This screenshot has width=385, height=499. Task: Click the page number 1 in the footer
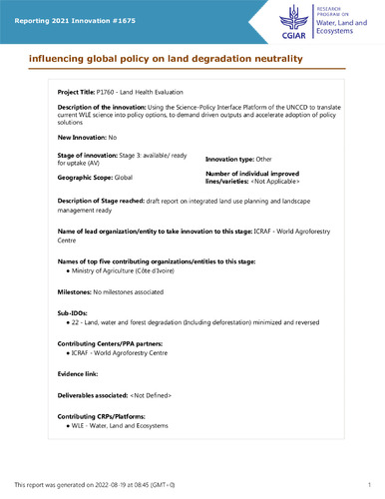368,484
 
